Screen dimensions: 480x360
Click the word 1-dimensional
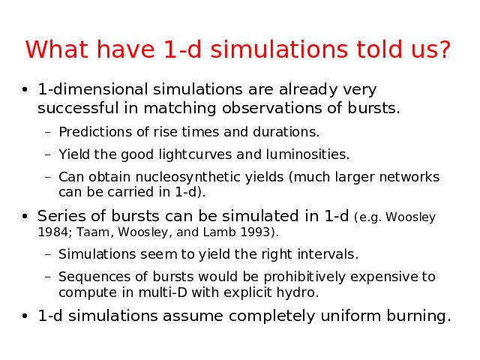pyautogui.click(x=93, y=89)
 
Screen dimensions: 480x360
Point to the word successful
pyautogui.click(x=78, y=108)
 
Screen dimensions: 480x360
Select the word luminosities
pyautogui.click(x=307, y=154)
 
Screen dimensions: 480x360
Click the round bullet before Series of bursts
pyautogui.click(x=25, y=216)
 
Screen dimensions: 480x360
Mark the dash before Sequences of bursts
pyautogui.click(x=47, y=277)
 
